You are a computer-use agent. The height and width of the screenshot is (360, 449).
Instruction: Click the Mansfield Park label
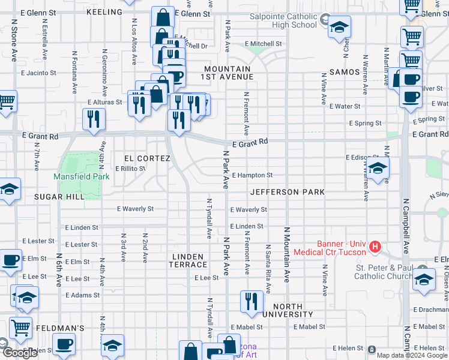tap(77, 176)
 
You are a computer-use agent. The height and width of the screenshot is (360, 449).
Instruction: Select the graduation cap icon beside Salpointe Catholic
tap(339, 26)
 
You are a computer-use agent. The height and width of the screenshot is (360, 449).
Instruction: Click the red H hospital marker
tap(375, 246)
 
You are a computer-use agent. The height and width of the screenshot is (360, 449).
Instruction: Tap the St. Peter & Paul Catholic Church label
tap(384, 272)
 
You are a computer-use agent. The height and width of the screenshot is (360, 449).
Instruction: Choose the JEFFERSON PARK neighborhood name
tap(287, 192)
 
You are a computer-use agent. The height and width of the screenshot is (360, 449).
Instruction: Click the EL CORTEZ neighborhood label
tap(147, 158)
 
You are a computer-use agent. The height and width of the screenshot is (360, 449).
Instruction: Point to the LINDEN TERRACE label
tap(187, 260)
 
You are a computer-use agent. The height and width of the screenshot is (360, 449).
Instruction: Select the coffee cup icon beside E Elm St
tap(10, 260)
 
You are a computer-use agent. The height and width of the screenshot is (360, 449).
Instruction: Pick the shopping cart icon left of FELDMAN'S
tap(20, 328)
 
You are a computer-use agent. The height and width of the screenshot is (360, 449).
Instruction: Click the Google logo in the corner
tap(20, 353)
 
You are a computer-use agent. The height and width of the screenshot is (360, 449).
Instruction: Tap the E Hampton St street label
tap(252, 175)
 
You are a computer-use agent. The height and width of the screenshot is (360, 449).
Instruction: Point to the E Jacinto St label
tap(38, 73)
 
